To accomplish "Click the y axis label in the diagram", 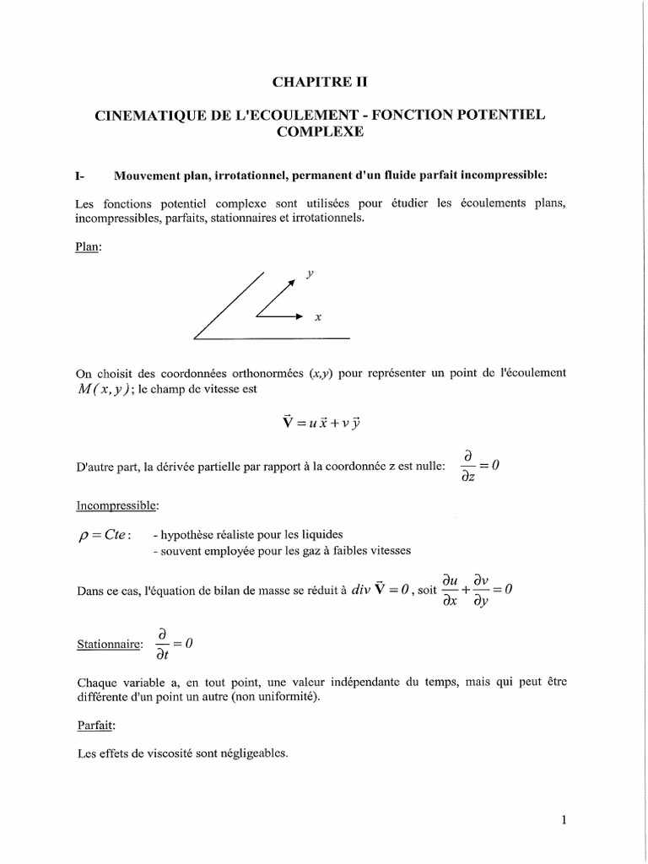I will pos(310,274).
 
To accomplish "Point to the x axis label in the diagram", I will pos(318,317).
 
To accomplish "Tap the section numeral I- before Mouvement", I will pos(81,175).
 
